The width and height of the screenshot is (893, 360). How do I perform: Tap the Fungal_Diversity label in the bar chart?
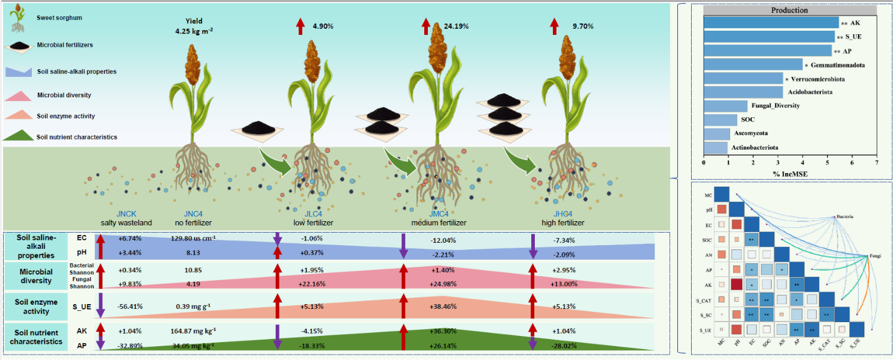(x=776, y=106)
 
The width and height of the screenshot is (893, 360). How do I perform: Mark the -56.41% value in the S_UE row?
(x=129, y=306)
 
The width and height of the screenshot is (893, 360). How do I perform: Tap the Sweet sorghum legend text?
(x=59, y=18)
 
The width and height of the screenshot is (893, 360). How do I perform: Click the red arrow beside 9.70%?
(x=554, y=26)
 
